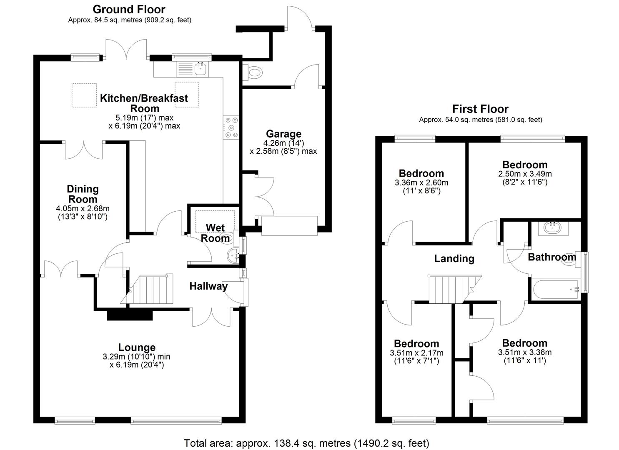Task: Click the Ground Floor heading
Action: coord(129,10)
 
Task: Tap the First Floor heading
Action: coord(480,109)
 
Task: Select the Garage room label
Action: coord(283,134)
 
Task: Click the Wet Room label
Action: coord(215,233)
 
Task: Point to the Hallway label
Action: coord(209,286)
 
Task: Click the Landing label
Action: coord(454,259)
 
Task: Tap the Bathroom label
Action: coord(552,257)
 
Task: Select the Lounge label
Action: coord(137,347)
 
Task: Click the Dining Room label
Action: coord(83,194)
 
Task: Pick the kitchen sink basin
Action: coord(200,68)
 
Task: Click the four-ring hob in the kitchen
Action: coord(231,127)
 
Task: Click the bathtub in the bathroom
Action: coord(556,290)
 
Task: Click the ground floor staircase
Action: coord(148,289)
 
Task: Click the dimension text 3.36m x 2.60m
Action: coord(421,182)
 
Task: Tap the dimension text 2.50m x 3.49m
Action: coord(525,174)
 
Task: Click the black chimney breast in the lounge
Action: coord(130,315)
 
